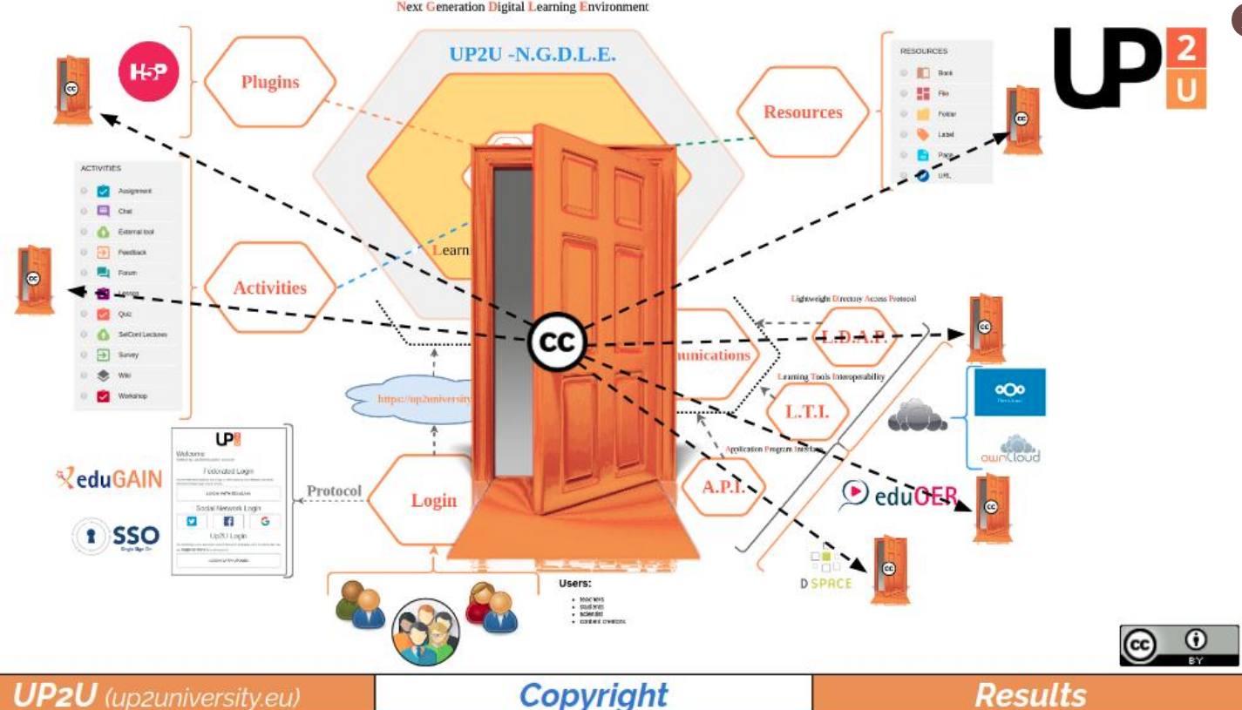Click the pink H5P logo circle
pos(148,71)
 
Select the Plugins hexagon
pos(270,83)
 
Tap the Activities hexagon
pos(269,287)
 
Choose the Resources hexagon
pos(803,112)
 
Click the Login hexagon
pos(433,500)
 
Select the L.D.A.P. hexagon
pos(854,338)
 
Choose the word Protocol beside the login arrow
pos(334,491)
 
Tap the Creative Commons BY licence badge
pos(1178,646)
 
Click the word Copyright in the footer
pos(594,694)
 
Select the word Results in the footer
pos(1030,694)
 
